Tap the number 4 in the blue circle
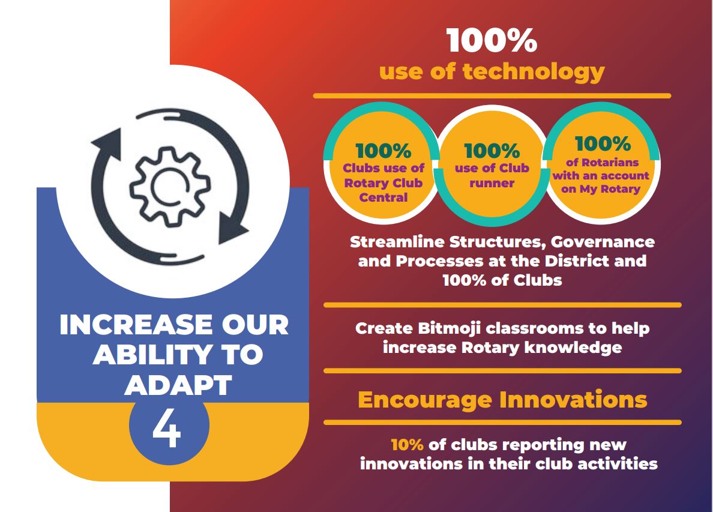(167, 430)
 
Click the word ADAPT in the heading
(178, 385)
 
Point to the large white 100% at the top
(492, 40)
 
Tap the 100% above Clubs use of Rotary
(384, 151)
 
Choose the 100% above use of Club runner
(492, 151)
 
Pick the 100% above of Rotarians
(603, 143)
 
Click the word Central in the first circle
(384, 197)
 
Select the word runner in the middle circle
(492, 183)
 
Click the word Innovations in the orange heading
(573, 400)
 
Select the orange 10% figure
(408, 444)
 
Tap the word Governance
(603, 242)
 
